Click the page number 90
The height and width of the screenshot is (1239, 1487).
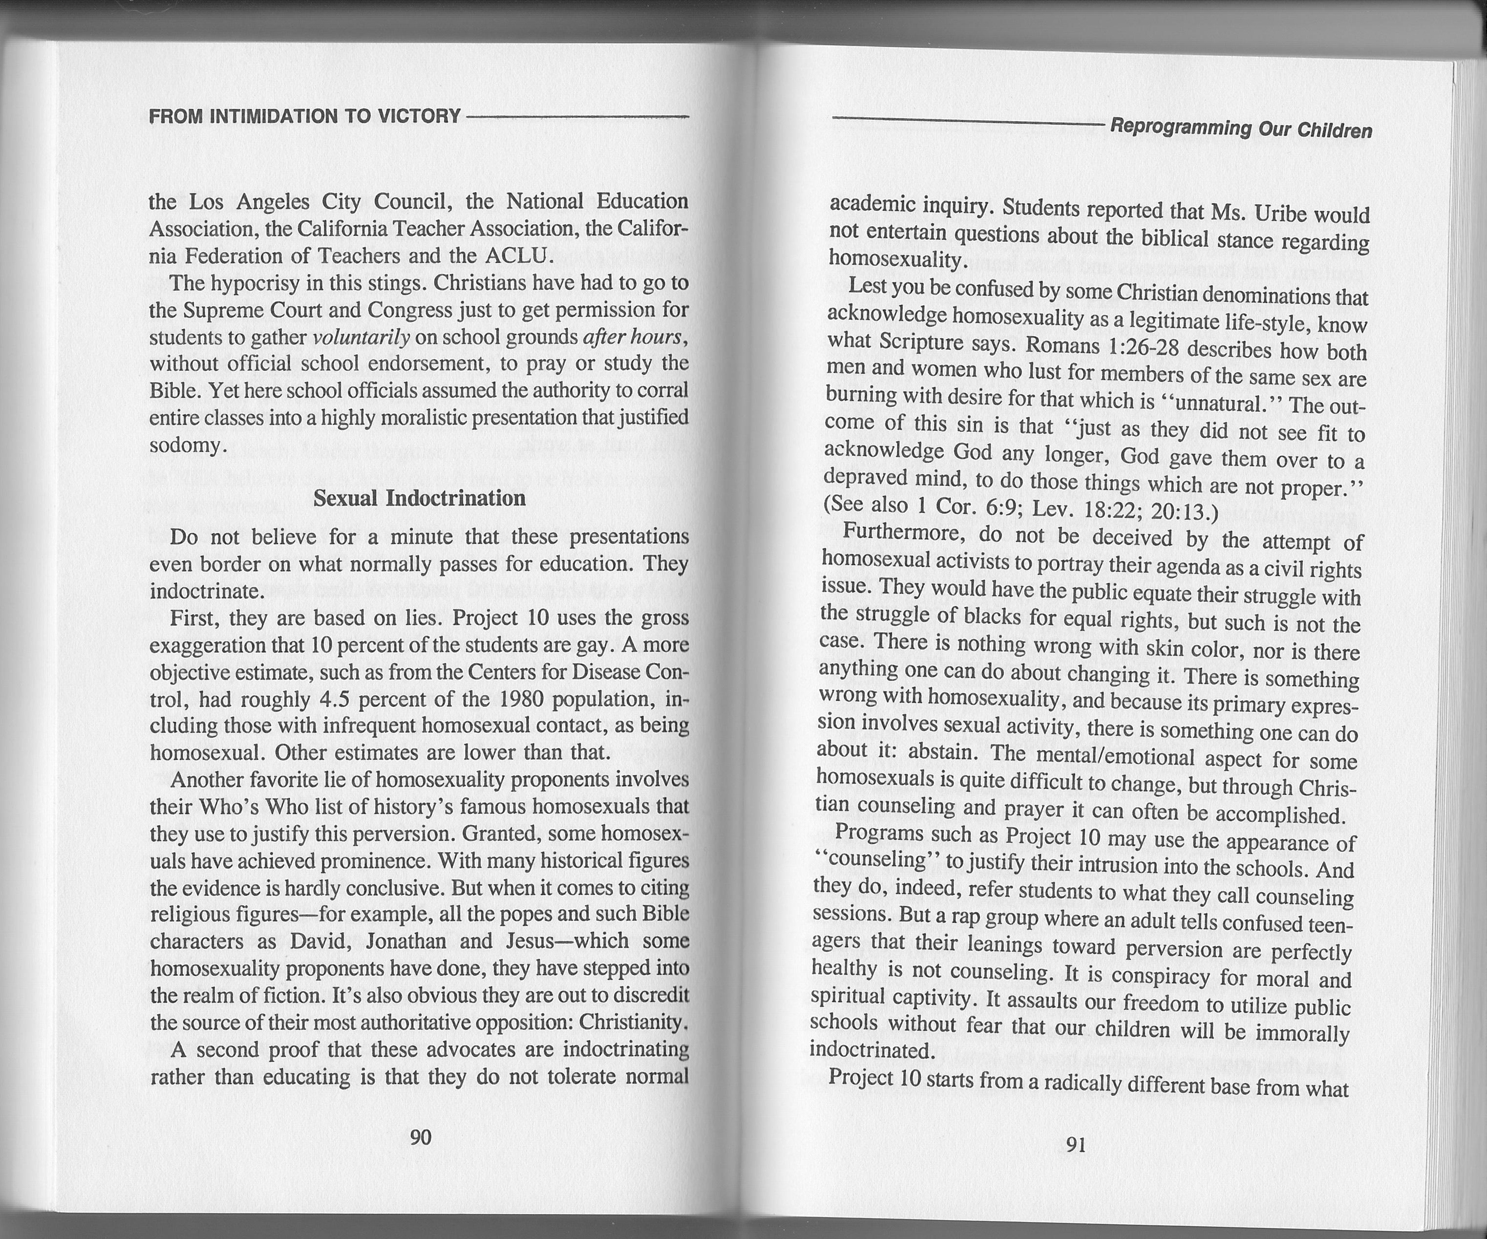[421, 1137]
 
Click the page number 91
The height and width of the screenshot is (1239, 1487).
[1076, 1145]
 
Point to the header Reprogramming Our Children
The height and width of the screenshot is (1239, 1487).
[1241, 129]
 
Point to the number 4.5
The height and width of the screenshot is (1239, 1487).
[332, 700]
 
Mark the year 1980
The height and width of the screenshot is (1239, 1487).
[520, 700]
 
